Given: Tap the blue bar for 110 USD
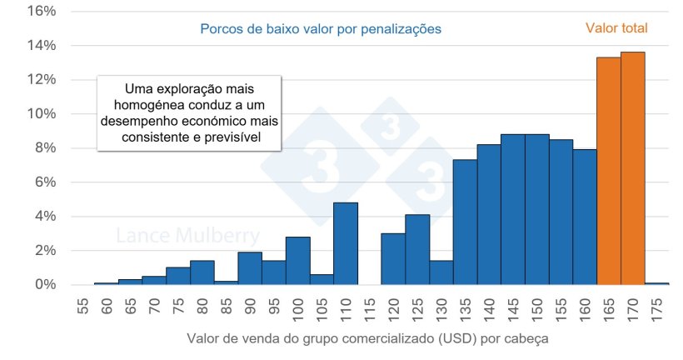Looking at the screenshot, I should click(346, 243).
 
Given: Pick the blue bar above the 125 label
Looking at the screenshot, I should click(417, 250).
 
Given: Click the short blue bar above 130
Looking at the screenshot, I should click(441, 272).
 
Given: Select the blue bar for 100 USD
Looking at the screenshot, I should click(297, 261).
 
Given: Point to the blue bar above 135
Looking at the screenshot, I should click(465, 222).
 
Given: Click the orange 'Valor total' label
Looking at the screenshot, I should click(616, 28).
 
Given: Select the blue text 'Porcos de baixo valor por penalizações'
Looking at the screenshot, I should click(321, 28).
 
